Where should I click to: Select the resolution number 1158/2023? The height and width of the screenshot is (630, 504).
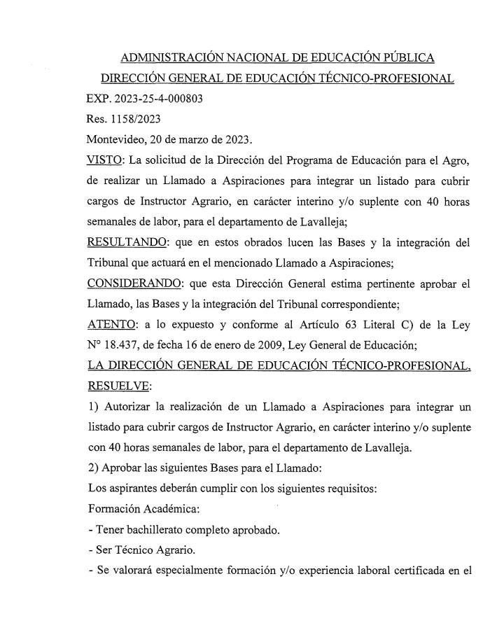pyautogui.click(x=126, y=119)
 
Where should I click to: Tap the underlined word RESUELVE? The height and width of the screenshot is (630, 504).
pyautogui.click(x=111, y=386)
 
